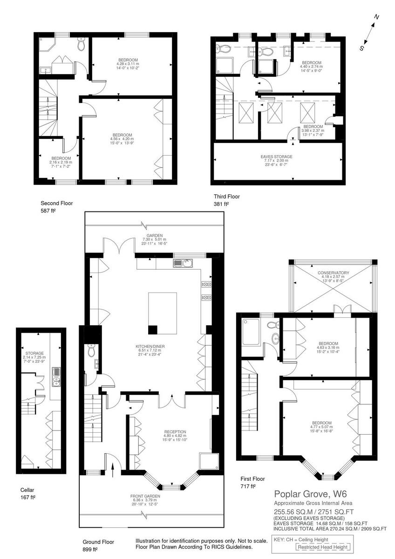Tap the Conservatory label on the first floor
[x=334, y=273]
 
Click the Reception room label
[x=175, y=431]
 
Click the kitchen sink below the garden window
[x=180, y=263]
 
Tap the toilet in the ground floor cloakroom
[x=91, y=349]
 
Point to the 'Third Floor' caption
[x=227, y=197]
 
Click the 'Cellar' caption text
[x=27, y=490]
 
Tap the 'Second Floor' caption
[x=57, y=203]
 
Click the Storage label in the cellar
[x=34, y=354]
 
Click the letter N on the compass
[x=377, y=17]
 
